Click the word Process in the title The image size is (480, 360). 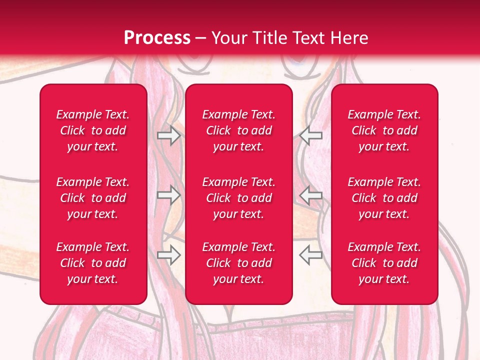point(157,38)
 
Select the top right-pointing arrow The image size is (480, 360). point(168,135)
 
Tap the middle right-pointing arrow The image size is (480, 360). point(168,195)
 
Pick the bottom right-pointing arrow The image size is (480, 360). point(168,255)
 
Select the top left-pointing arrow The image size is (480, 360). point(311,135)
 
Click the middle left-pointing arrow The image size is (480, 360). point(311,195)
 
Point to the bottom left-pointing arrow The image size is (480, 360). point(311,255)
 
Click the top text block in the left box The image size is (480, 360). point(93,130)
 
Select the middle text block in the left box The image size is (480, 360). point(93,198)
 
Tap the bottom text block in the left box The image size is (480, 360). point(93,263)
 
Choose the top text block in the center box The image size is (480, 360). point(238,130)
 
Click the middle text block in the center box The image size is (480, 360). point(238,198)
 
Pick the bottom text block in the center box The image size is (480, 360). point(238,263)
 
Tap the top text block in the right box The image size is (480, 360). point(384,130)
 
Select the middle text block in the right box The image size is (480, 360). point(384,198)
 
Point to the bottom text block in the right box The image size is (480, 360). point(384,263)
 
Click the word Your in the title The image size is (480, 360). point(228,38)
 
